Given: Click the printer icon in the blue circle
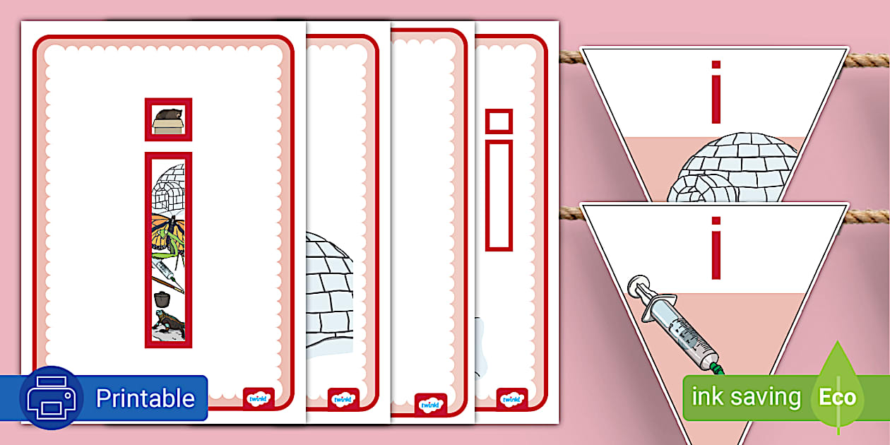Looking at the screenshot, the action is tap(52, 398).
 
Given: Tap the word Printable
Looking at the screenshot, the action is tap(146, 398).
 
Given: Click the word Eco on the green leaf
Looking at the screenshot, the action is tap(838, 397).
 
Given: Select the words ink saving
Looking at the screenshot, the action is tap(746, 396).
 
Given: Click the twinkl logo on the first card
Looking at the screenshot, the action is tap(259, 398).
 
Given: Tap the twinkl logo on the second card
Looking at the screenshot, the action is tap(343, 399).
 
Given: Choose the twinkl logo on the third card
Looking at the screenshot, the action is tap(430, 405).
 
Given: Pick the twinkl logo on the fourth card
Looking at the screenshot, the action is tap(512, 399).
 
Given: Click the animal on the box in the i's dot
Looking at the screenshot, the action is tap(168, 115).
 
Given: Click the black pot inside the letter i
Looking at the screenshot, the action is tap(162, 299).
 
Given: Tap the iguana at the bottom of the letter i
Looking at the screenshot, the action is tap(169, 324).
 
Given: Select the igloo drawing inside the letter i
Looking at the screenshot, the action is tap(168, 188).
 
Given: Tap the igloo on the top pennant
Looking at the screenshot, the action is tap(732, 167).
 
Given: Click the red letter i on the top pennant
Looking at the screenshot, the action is tap(716, 92).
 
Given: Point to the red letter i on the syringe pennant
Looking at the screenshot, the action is tap(716, 249).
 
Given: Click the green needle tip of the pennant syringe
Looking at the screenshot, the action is tap(717, 369).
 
